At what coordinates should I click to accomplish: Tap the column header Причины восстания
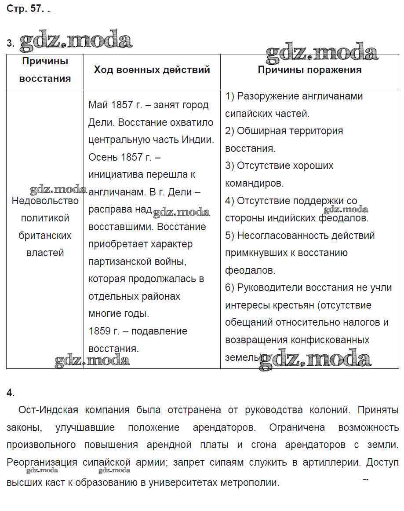45,70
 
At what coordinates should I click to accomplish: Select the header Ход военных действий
152,70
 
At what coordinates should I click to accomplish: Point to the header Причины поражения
309,70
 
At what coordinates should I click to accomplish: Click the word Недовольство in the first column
45,201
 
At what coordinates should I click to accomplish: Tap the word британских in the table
45,235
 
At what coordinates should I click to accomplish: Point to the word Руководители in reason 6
270,287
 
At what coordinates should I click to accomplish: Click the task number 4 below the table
11,393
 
